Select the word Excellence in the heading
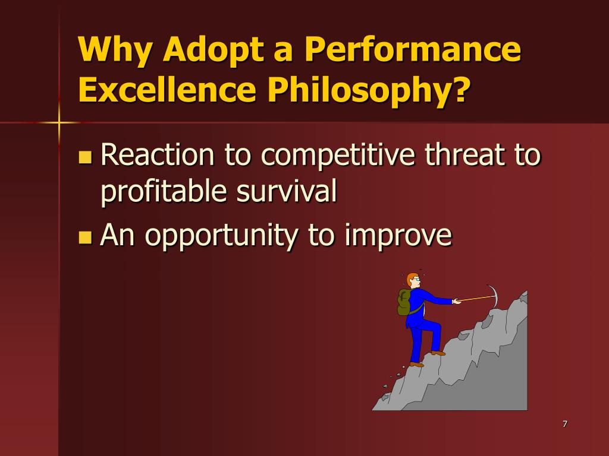point(167,90)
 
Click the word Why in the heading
point(115,50)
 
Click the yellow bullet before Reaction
point(85,157)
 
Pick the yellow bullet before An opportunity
point(85,237)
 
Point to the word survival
point(287,191)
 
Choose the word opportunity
point(221,236)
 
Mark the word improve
point(398,236)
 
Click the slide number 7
point(565,424)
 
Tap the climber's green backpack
point(404,302)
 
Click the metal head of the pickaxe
point(492,296)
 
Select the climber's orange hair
point(411,278)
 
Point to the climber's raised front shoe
point(438,353)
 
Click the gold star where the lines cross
point(59,123)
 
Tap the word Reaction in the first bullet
point(158,154)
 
